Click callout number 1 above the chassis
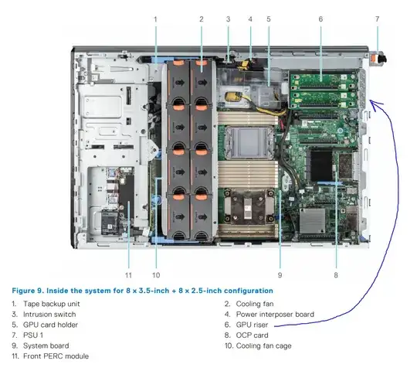pyautogui.click(x=155, y=19)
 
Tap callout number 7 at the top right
pyautogui.click(x=377, y=19)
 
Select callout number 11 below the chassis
pyautogui.click(x=128, y=275)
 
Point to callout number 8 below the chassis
pyautogui.click(x=336, y=275)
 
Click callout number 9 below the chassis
pyautogui.click(x=280, y=275)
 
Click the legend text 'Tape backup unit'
pyautogui.click(x=51, y=304)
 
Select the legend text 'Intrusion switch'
pyautogui.click(x=49, y=315)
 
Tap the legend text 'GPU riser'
pyautogui.click(x=252, y=325)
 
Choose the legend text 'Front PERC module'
pyautogui.click(x=56, y=356)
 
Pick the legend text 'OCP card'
pyautogui.click(x=252, y=335)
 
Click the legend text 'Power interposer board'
pyautogui.click(x=275, y=315)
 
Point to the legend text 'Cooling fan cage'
pyautogui.click(x=263, y=346)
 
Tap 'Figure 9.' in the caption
pyautogui.click(x=28, y=291)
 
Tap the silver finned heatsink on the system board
pyautogui.click(x=313, y=220)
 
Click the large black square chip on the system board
pyautogui.click(x=321, y=166)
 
